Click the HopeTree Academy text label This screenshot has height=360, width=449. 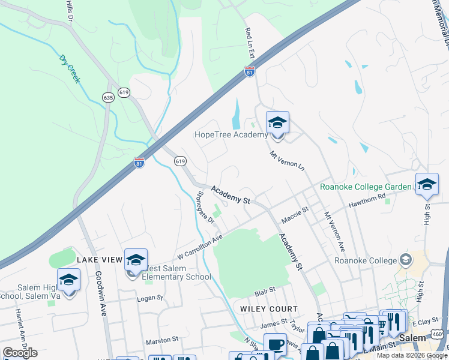point(231,134)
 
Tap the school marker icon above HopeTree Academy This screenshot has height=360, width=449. point(277,123)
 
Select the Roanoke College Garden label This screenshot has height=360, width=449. point(366,187)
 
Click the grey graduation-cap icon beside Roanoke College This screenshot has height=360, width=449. point(406,260)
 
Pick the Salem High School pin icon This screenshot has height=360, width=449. point(68,280)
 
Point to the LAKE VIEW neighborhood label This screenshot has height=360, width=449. point(99,260)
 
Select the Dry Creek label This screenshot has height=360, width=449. point(70,68)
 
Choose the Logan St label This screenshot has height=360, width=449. point(151,298)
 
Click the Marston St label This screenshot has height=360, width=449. point(162,339)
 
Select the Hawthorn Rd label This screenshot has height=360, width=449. point(367,202)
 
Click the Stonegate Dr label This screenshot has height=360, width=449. point(206,208)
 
